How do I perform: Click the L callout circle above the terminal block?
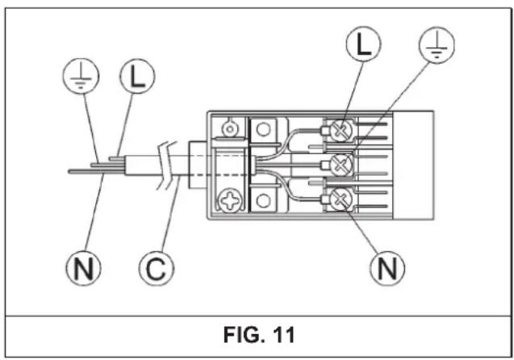tap(363, 44)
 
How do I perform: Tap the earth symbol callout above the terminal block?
tap(437, 44)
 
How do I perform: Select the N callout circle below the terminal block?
tap(387, 268)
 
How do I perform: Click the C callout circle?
tap(157, 269)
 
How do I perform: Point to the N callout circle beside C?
tap(83, 268)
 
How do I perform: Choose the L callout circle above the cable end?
tap(137, 76)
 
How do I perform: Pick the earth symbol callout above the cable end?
tap(81, 76)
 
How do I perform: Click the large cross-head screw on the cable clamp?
tap(230, 199)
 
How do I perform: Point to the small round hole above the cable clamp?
tap(230, 129)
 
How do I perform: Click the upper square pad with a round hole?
tap(263, 130)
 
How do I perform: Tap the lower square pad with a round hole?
tap(263, 200)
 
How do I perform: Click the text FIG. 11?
tap(259, 335)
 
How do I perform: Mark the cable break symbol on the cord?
tap(167, 166)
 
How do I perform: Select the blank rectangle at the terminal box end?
tap(412, 165)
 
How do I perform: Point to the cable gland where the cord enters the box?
tap(198, 165)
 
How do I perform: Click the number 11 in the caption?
tap(283, 335)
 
